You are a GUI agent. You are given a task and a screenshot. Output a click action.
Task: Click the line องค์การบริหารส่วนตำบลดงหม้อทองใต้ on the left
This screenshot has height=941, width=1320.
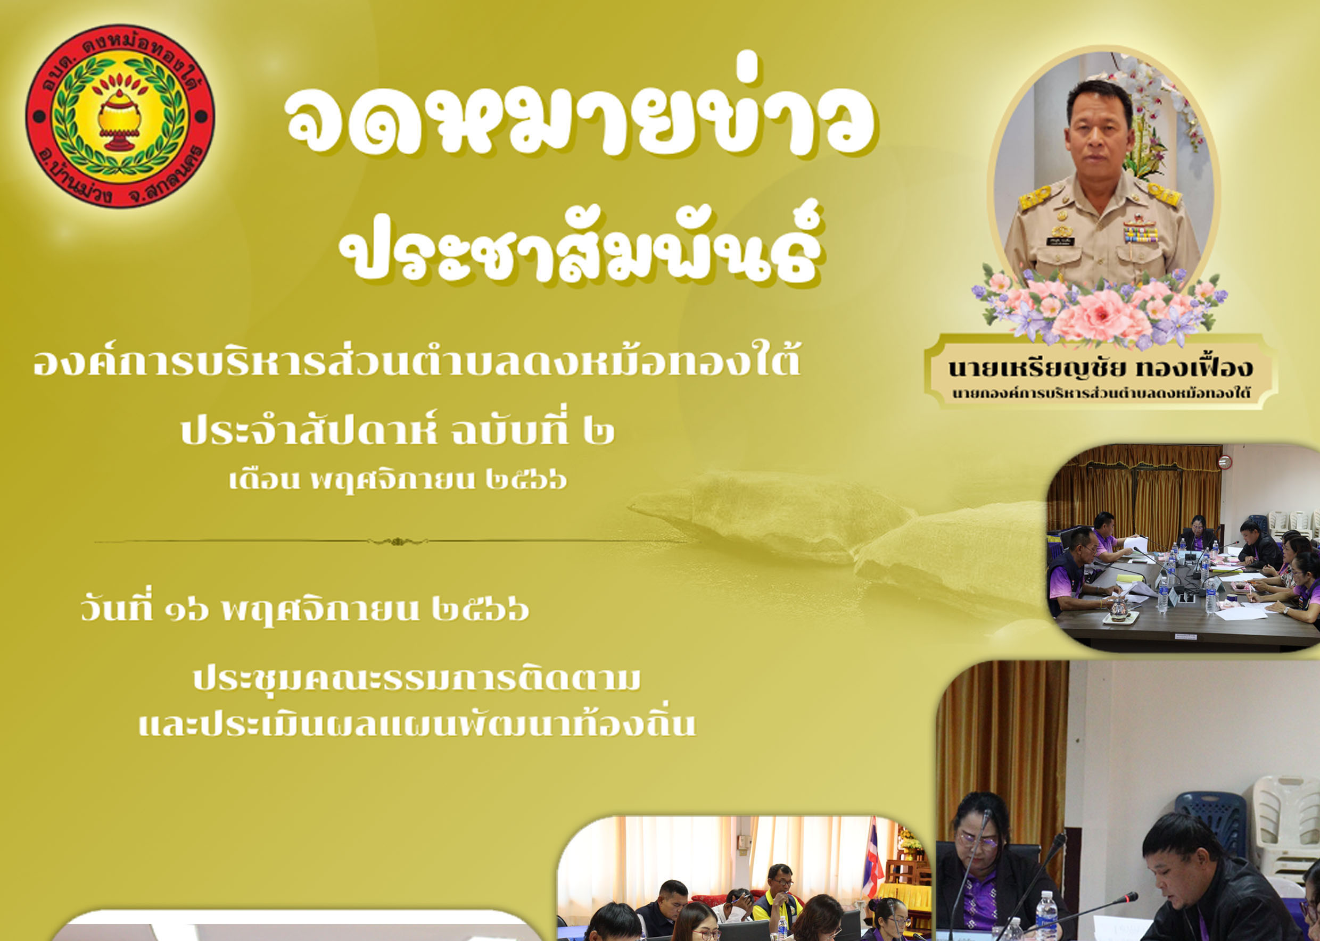click(x=417, y=363)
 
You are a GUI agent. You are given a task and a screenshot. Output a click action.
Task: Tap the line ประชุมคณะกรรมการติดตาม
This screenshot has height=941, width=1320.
click(x=417, y=680)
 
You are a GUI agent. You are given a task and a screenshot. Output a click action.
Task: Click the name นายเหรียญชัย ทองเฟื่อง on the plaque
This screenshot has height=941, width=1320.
click(x=1100, y=368)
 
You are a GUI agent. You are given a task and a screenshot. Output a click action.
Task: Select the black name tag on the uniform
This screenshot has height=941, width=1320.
click(x=1077, y=242)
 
